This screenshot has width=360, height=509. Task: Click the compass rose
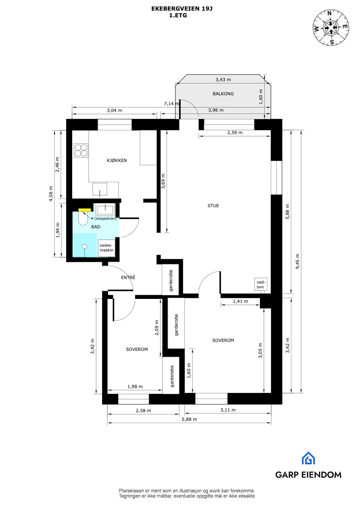(x=331, y=28)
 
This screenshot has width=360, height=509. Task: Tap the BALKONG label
(x=223, y=94)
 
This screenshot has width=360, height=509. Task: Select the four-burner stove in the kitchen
(x=81, y=150)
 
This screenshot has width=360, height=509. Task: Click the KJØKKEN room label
(x=117, y=160)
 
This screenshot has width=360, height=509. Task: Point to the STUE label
(x=213, y=206)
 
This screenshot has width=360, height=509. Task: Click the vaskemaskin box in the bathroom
(x=107, y=248)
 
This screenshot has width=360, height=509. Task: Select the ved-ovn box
(x=261, y=284)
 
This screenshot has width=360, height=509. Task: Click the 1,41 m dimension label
(x=240, y=301)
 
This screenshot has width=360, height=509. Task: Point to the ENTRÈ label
(x=128, y=277)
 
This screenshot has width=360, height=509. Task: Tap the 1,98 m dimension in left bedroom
(x=135, y=386)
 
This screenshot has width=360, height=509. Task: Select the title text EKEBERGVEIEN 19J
(x=182, y=9)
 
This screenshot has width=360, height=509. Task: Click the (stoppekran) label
(x=105, y=218)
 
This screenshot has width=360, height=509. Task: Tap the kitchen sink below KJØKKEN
(x=100, y=189)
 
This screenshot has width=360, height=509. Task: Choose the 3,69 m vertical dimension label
(x=163, y=181)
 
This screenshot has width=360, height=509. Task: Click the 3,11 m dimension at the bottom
(x=228, y=410)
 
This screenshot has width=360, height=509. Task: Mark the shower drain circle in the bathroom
(x=84, y=247)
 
